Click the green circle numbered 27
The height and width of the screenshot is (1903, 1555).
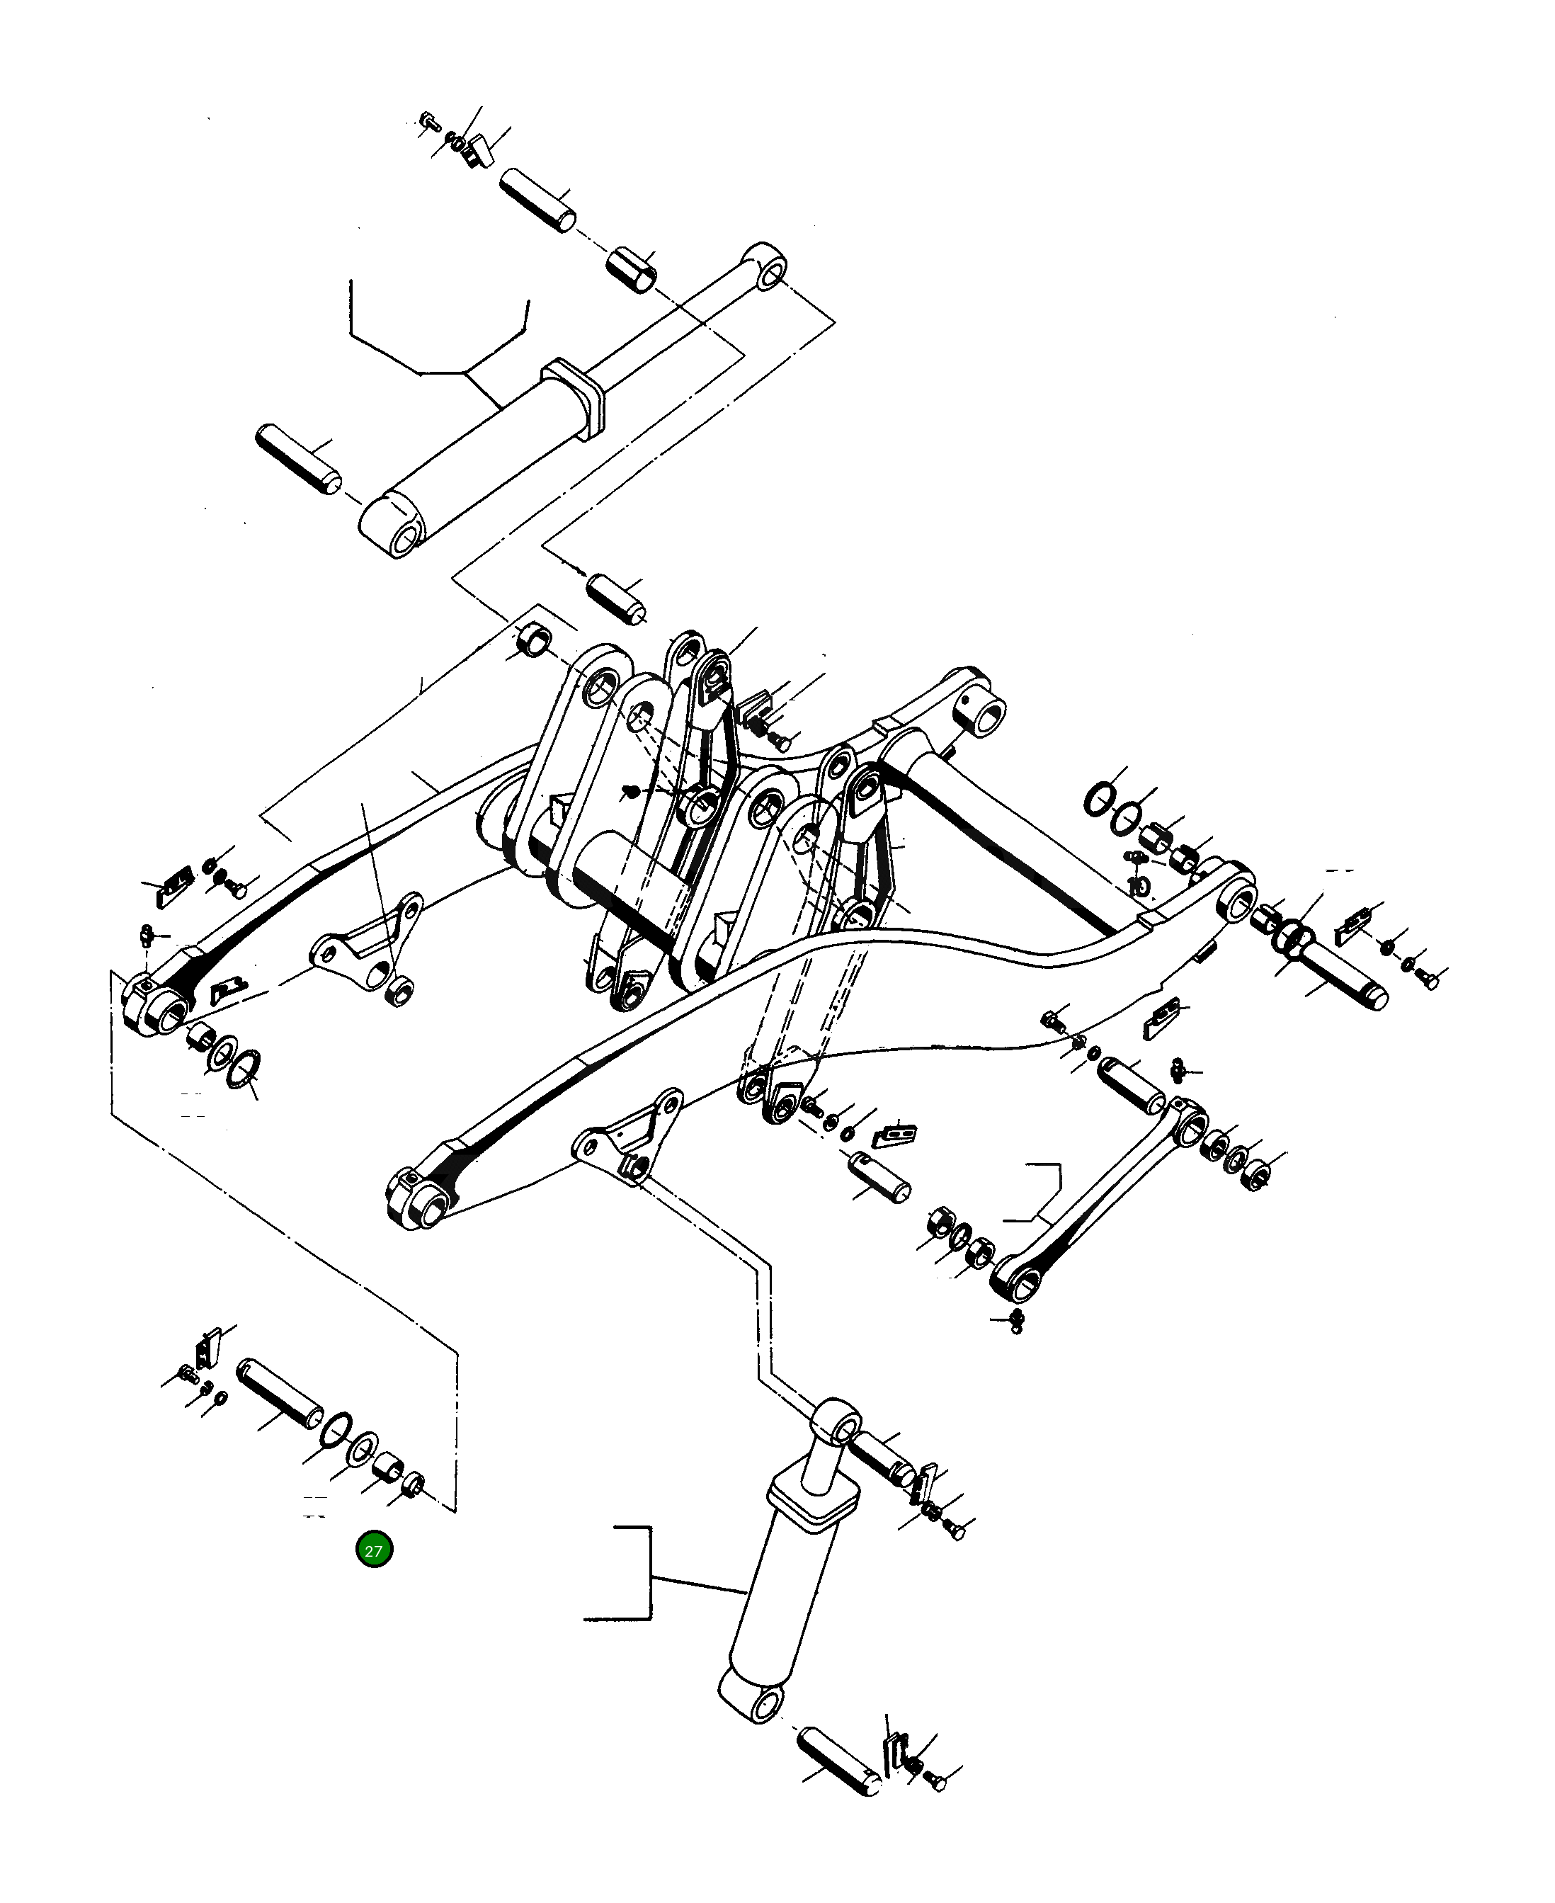pos(373,1550)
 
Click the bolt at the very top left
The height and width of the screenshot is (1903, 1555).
pos(428,120)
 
